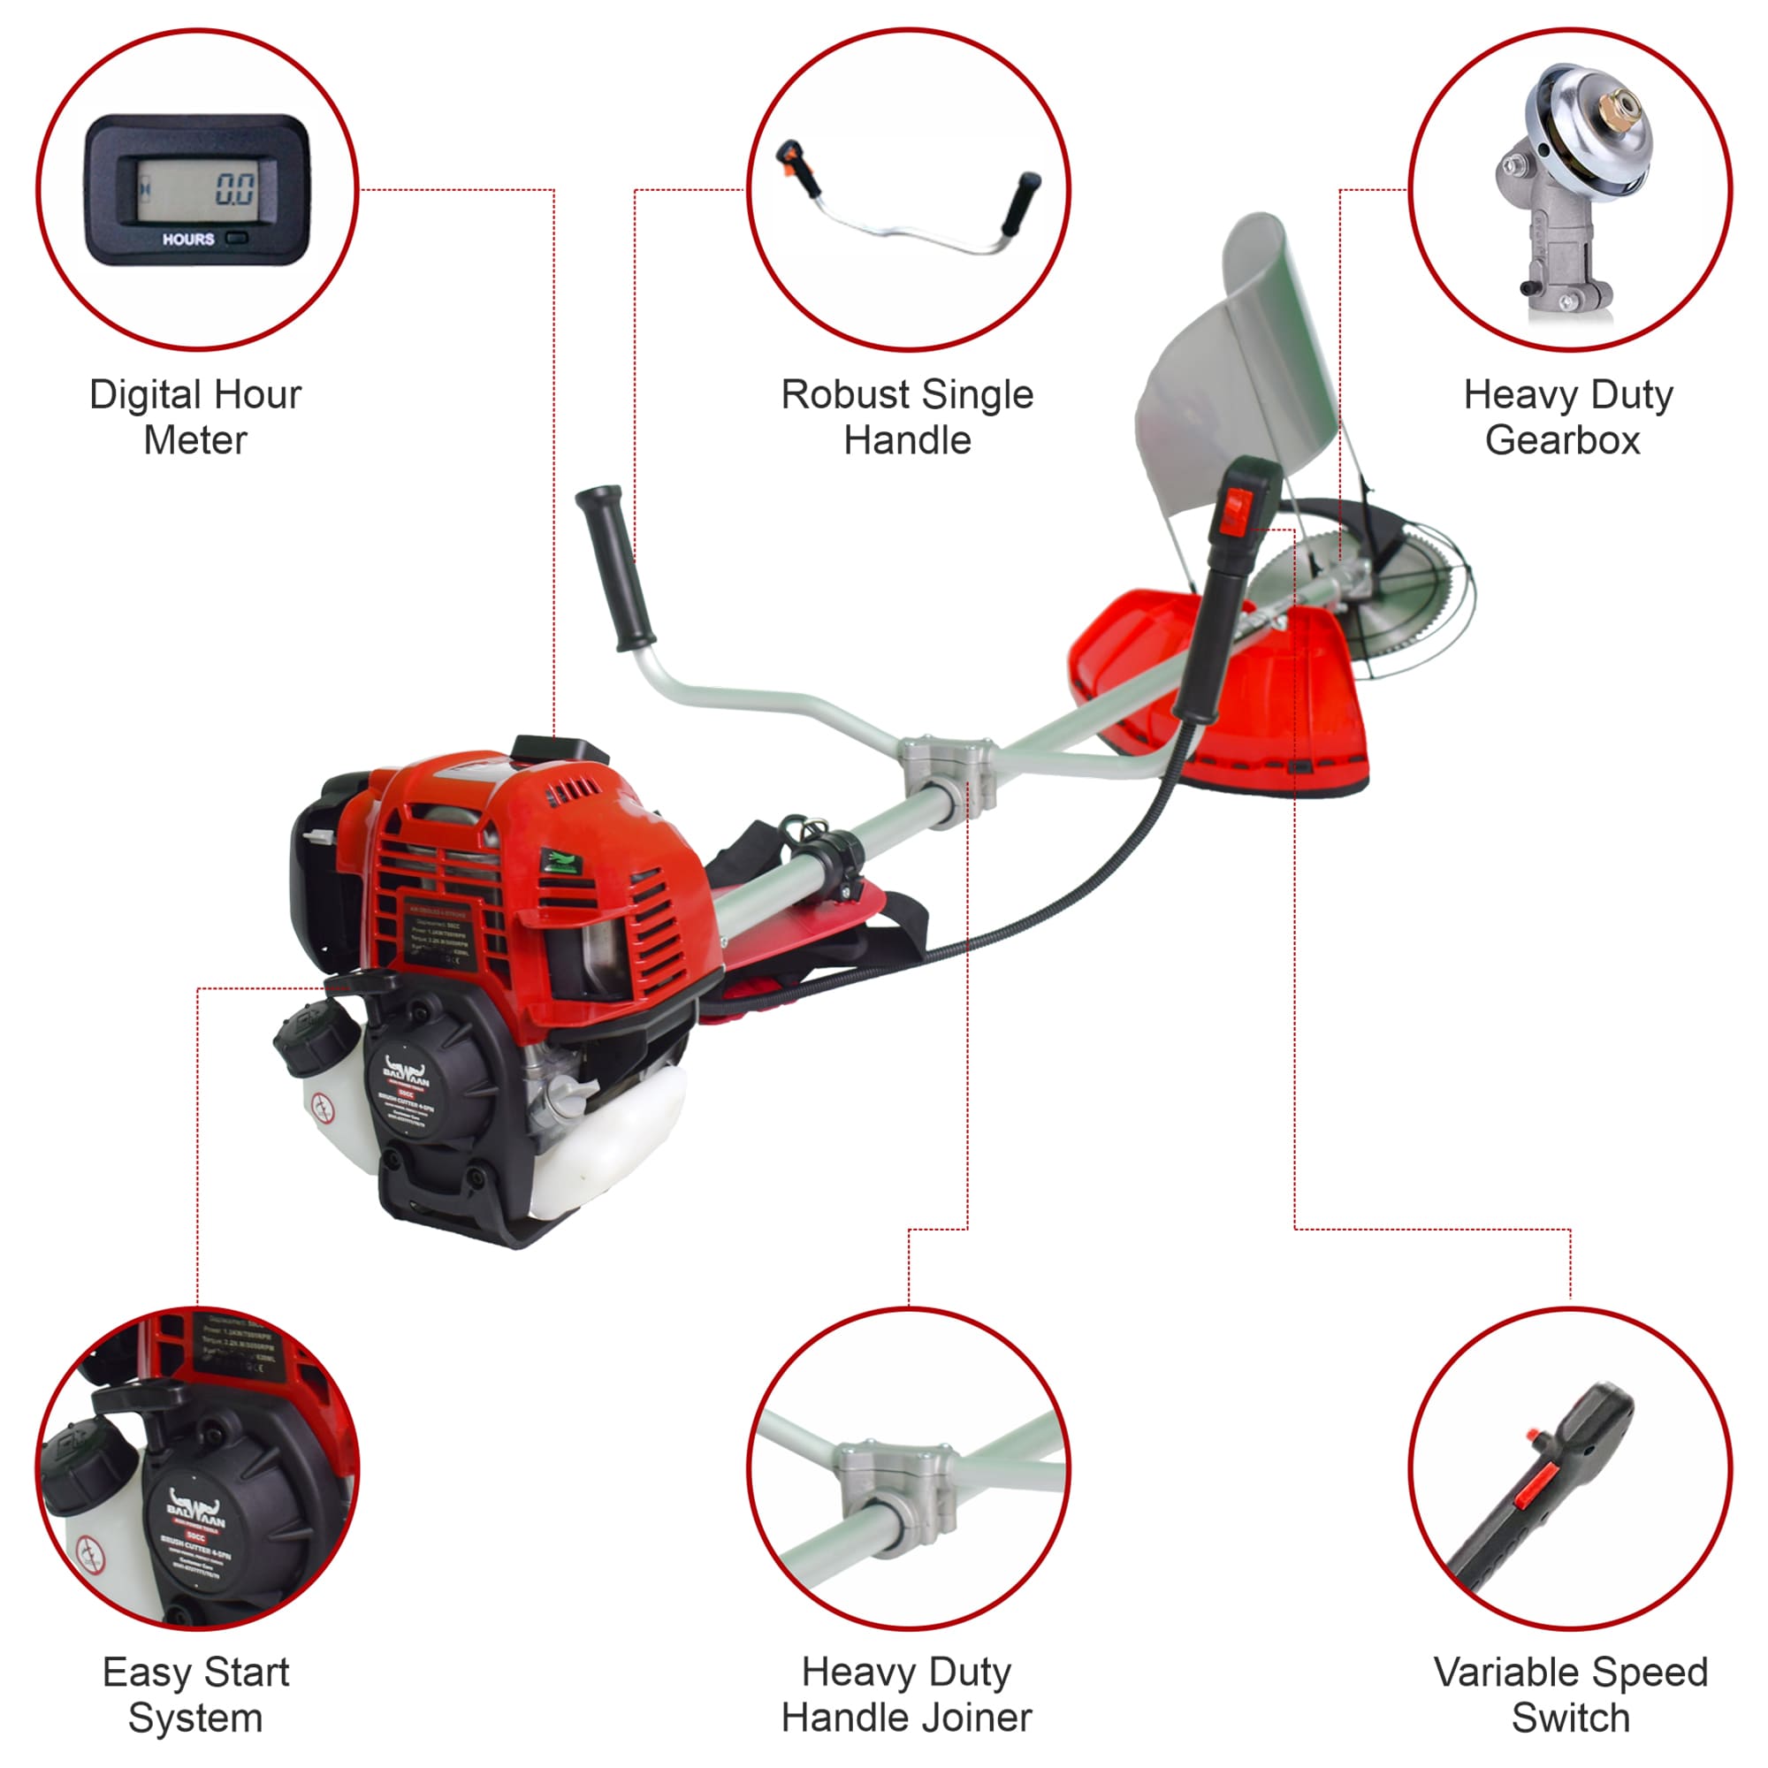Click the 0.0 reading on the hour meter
point(235,190)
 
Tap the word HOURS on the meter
point(188,240)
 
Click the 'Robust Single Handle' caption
point(906,417)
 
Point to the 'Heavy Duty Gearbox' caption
point(1567,417)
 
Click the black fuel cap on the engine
point(314,1039)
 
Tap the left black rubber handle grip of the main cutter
point(614,568)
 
